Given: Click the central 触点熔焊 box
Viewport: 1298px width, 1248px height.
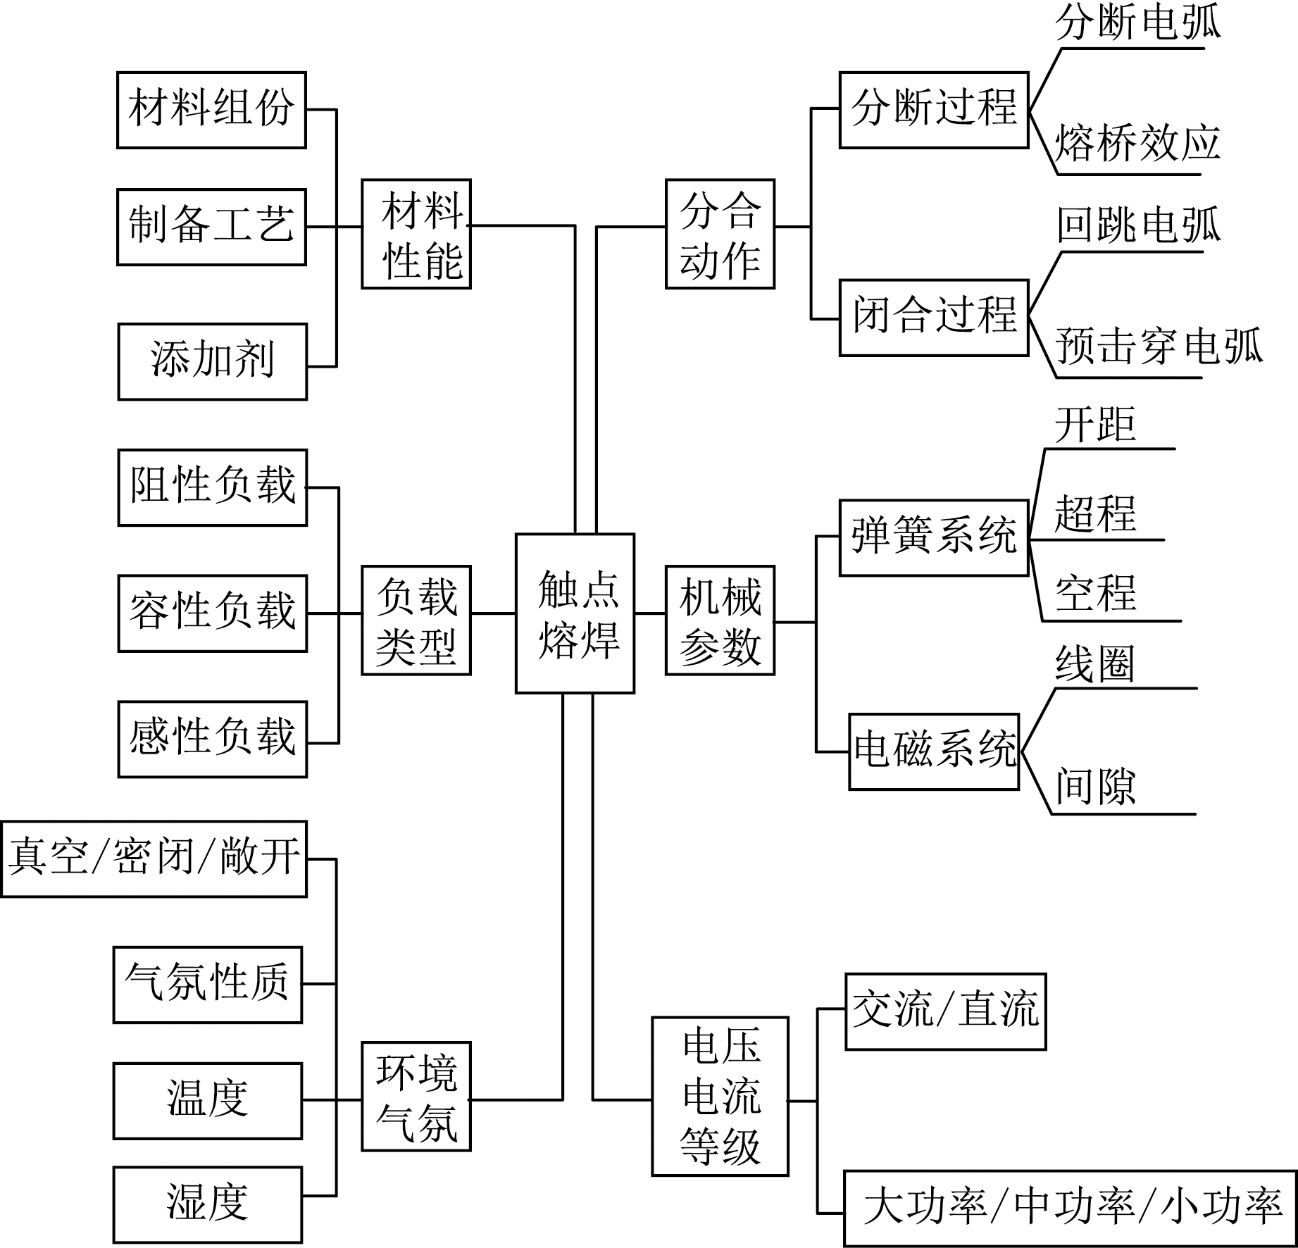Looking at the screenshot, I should [575, 613].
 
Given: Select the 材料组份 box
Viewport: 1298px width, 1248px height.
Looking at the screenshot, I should [211, 110].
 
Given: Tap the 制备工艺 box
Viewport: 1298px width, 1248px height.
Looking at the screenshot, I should [211, 227].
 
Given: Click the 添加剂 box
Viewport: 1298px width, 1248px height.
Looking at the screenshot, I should [212, 362].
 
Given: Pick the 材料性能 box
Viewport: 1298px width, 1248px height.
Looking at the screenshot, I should [416, 234].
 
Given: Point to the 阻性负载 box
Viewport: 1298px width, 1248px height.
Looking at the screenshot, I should [212, 487].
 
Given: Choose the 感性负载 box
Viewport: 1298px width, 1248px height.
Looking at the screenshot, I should [212, 739].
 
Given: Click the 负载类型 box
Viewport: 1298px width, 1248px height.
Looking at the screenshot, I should [416, 620].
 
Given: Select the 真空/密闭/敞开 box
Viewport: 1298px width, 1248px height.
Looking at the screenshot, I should [154, 859].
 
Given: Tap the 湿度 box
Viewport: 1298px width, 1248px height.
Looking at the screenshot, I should [208, 1204].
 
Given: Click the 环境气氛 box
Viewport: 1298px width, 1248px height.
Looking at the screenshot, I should [416, 1097].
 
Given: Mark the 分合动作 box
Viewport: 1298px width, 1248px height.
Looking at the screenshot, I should [720, 234].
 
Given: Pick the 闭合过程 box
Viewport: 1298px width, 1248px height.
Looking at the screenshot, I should [934, 318].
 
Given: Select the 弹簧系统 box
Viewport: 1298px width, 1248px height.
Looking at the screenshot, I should [934, 538].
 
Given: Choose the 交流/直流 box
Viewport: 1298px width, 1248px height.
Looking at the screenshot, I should [945, 1011].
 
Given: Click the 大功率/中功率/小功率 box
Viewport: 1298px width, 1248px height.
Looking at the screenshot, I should [1070, 1208].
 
